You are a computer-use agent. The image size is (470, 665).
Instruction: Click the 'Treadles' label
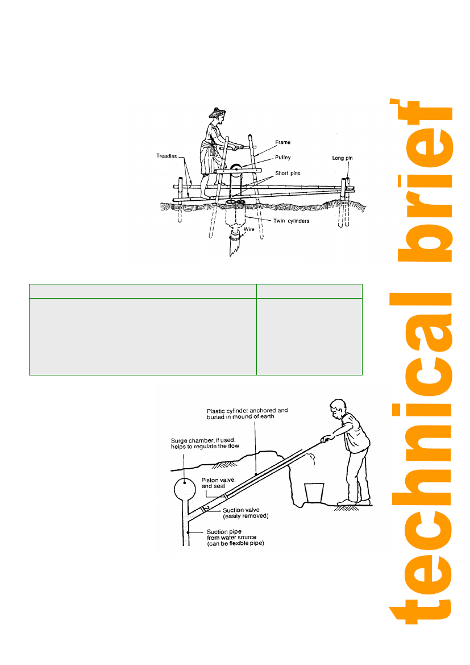tap(167, 156)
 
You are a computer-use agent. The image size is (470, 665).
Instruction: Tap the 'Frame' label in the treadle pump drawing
tap(282, 142)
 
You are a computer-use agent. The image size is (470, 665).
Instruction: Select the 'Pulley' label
tap(282, 158)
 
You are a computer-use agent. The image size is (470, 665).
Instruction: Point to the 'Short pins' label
tap(288, 173)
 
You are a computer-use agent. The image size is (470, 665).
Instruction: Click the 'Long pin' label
tap(343, 158)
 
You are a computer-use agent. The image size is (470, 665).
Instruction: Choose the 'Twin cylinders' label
tap(291, 221)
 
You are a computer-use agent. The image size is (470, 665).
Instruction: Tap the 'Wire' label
tap(249, 229)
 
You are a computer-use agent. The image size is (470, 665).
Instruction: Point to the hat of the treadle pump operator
tap(217, 113)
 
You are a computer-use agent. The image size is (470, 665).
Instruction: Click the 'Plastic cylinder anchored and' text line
tap(247, 411)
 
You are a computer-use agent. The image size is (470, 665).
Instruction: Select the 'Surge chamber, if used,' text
tap(203, 440)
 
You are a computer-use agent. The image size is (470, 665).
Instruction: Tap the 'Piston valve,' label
tap(218, 480)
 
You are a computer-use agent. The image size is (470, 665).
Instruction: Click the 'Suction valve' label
tap(241, 510)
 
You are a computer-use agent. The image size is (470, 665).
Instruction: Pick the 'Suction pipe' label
tap(224, 532)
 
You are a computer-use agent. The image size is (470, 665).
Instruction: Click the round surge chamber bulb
tap(185, 489)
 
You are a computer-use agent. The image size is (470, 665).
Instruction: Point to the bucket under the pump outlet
tap(314, 493)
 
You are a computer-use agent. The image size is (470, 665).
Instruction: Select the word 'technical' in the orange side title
tap(421, 458)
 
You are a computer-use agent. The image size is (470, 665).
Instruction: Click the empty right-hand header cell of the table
tap(309, 291)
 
